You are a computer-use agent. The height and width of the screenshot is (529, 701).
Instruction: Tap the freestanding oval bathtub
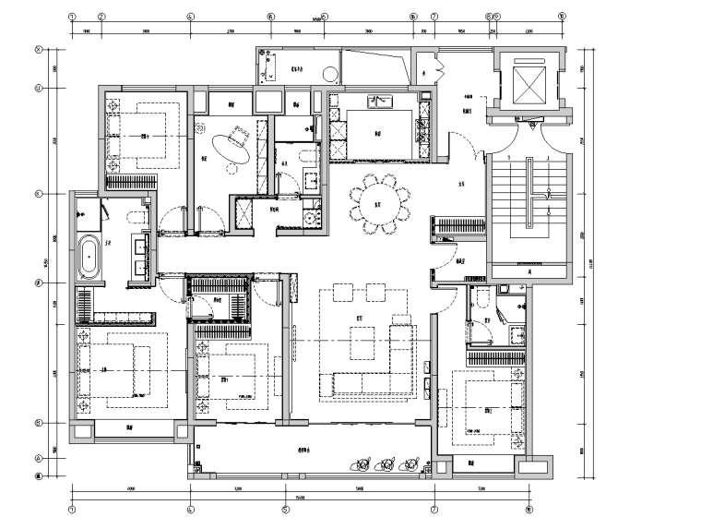pyautogui.click(x=90, y=256)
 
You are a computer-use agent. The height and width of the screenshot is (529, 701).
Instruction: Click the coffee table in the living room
pyautogui.click(x=362, y=343)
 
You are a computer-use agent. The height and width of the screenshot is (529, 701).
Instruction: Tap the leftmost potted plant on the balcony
pyautogui.click(x=362, y=463)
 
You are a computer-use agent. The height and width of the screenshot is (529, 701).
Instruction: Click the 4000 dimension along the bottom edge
pyautogui.click(x=130, y=488)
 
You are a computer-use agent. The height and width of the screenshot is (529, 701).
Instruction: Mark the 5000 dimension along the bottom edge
pyautogui.click(x=359, y=488)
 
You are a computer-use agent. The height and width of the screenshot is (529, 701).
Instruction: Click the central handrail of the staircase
pyautogui.click(x=530, y=194)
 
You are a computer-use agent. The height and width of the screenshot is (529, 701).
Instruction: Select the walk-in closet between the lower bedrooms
pyautogui.click(x=221, y=306)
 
